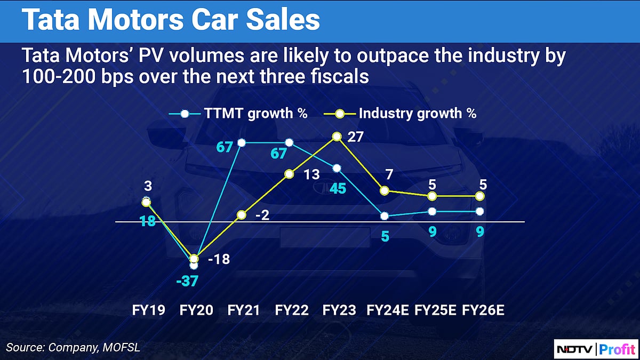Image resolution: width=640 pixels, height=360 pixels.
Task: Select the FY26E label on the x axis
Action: point(483,310)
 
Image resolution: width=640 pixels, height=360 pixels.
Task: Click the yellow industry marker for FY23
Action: point(337,137)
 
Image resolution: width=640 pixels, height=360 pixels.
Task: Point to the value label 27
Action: point(356,137)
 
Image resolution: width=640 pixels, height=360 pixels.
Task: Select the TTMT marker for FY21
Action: point(242,142)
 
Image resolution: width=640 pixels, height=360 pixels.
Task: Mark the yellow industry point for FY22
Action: point(289,174)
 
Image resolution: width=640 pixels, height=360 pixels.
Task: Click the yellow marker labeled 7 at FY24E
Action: point(384,190)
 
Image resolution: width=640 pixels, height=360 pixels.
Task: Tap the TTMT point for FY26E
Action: point(479,212)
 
